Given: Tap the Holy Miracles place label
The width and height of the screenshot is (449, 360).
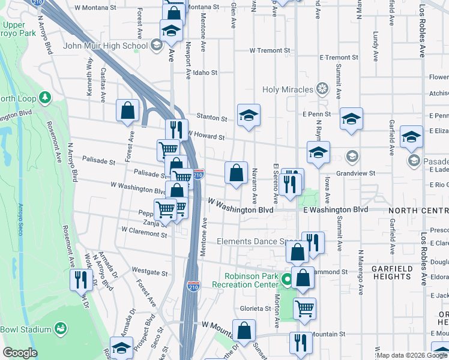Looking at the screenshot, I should tap(288, 90).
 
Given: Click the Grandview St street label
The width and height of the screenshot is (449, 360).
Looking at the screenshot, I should tap(355, 173).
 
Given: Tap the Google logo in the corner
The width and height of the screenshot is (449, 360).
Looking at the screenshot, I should tap(20, 352).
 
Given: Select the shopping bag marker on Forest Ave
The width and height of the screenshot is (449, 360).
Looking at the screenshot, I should tap(128, 110).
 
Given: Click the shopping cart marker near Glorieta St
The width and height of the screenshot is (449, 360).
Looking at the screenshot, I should tap(305, 308).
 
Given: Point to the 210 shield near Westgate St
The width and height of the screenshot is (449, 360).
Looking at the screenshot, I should tap(193, 287).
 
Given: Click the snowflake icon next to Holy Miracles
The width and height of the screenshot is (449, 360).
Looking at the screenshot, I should tap(323, 90).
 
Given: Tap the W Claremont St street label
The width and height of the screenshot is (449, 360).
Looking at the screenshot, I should tap(144, 230).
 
